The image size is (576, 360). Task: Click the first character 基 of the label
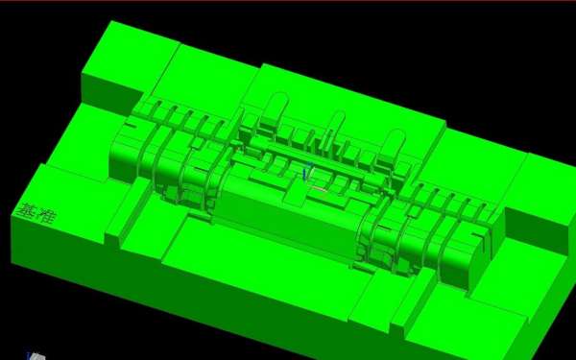pos(26,211)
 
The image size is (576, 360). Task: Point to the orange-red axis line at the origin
pos(319,189)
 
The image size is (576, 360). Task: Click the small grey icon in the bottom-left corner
pos(36,356)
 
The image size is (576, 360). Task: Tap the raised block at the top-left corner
pos(130,59)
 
